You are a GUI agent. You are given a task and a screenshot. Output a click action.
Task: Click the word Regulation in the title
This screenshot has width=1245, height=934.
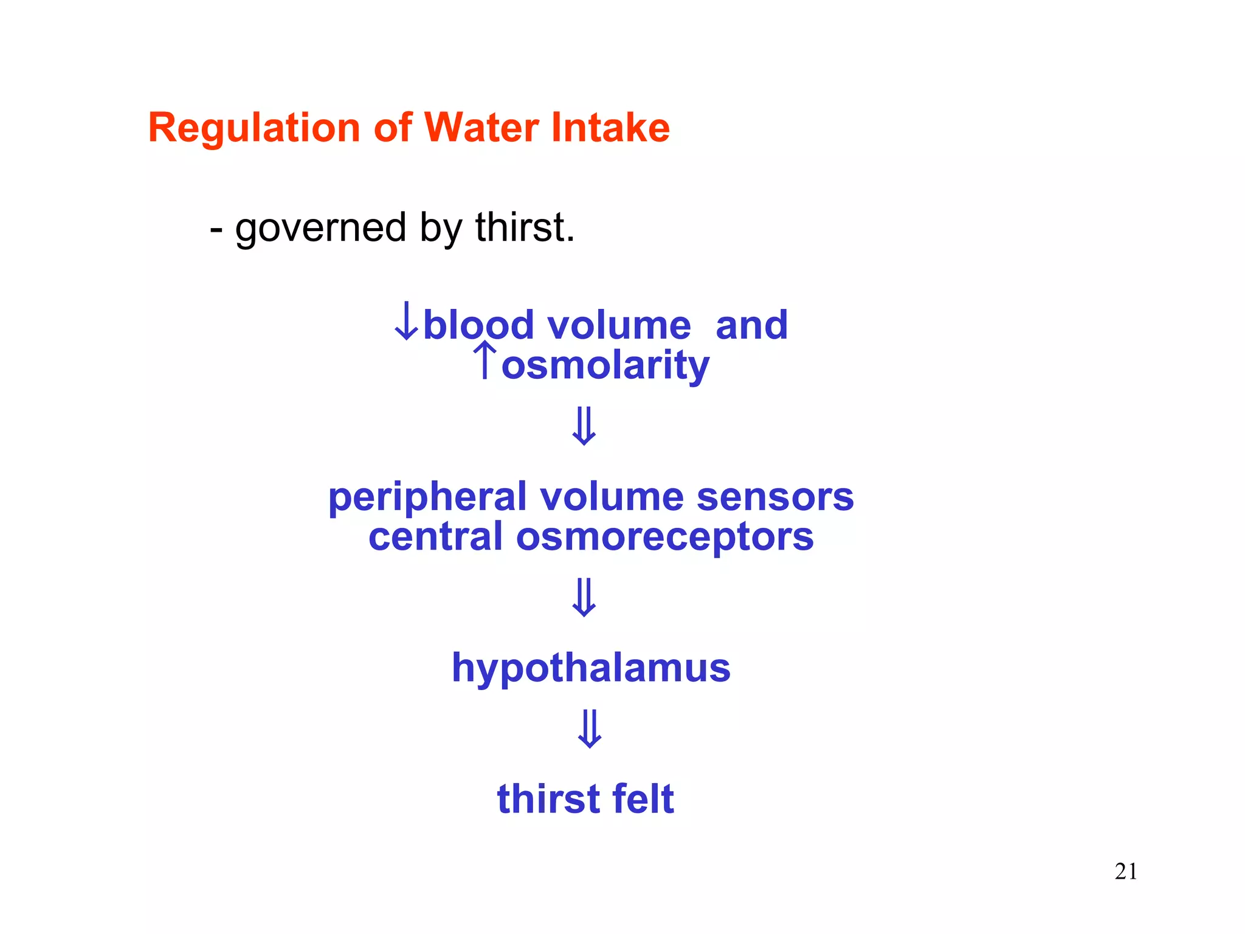(254, 128)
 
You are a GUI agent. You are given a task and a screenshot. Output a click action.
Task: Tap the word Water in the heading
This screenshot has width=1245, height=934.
(480, 128)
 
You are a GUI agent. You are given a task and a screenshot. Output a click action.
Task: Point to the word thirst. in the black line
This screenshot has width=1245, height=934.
(525, 227)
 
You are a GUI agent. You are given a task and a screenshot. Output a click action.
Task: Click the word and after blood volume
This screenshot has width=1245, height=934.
(751, 325)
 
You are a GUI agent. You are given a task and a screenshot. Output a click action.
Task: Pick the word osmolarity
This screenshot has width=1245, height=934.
(605, 366)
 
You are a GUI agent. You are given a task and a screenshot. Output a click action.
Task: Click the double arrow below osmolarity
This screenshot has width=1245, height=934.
(584, 426)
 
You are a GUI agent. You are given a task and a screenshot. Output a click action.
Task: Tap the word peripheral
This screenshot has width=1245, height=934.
(427, 498)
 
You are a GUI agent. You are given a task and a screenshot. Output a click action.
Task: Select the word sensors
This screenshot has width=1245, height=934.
(775, 497)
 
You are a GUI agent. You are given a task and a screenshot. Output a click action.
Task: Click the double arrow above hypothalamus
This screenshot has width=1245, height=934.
(584, 598)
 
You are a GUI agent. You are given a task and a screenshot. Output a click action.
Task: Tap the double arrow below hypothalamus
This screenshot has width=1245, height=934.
(589, 729)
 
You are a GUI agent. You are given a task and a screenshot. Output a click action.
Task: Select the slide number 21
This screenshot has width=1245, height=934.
(1126, 872)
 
